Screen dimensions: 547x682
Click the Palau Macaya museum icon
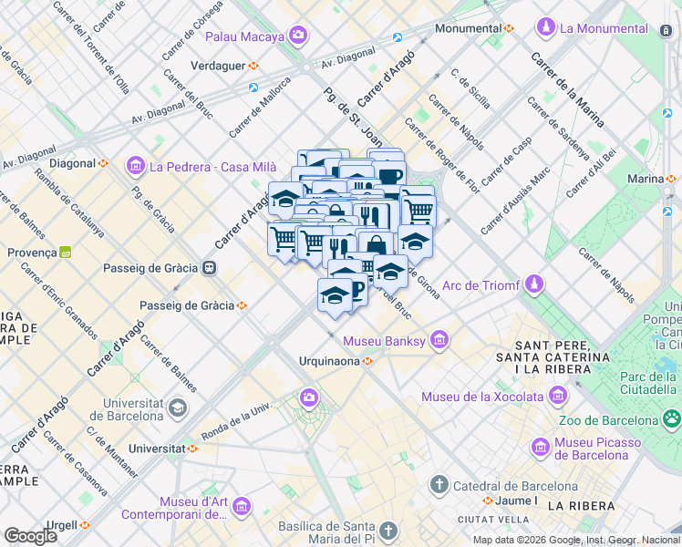(x=298, y=36)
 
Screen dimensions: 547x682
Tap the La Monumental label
(x=604, y=28)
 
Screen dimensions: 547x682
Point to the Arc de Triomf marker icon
(x=533, y=285)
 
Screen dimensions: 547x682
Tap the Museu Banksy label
(x=384, y=341)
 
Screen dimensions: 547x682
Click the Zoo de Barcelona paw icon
(x=672, y=419)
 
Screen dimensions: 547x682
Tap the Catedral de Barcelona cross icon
(x=439, y=485)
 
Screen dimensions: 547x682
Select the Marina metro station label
(x=645, y=179)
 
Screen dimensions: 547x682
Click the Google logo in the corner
(x=31, y=535)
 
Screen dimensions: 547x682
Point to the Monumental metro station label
(x=468, y=28)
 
